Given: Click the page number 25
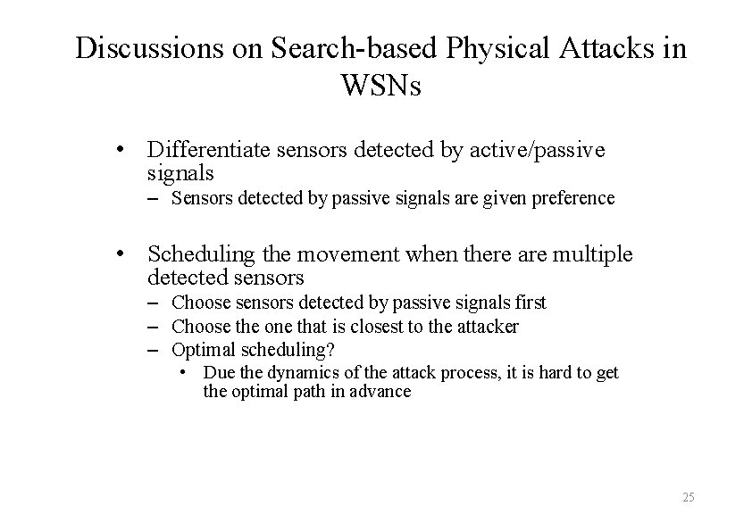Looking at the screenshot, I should point(687,497).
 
